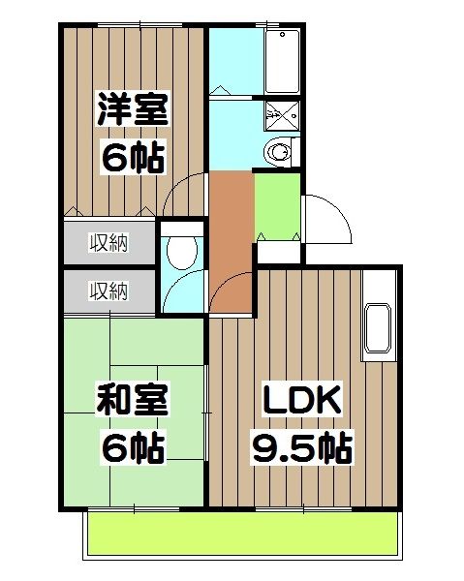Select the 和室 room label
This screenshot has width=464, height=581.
pos(133,399)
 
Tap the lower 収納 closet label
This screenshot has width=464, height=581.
pos(109,290)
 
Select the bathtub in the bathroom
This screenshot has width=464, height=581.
pos(282,61)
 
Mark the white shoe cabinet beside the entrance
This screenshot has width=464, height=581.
pos(278,253)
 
